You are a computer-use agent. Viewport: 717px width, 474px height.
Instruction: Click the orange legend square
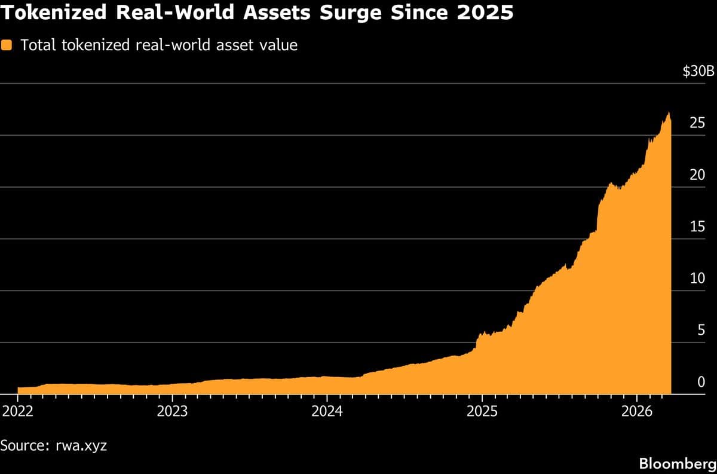tap(7, 45)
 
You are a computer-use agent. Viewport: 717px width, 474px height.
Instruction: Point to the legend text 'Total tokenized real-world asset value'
tap(159, 45)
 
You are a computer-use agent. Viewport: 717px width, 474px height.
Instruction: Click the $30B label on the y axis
tap(698, 72)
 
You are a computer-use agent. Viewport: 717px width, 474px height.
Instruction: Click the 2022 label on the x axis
tap(18, 411)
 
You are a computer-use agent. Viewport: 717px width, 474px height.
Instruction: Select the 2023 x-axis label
tap(172, 411)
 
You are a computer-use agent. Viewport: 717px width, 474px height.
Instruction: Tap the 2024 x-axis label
tap(327, 411)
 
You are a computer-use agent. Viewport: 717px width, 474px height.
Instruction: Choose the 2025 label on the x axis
tap(482, 411)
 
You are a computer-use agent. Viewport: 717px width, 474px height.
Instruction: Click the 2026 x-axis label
tap(636, 411)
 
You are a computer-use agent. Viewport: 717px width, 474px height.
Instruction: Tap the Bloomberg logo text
tap(677, 463)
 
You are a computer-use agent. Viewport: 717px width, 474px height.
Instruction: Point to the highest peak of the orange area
tap(669, 113)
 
